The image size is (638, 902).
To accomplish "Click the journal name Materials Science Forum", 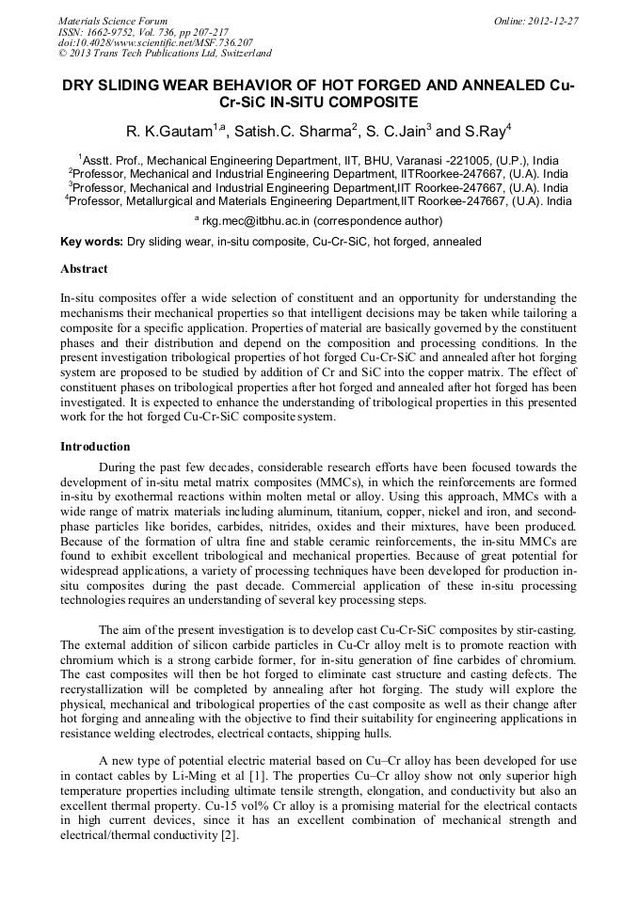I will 113,20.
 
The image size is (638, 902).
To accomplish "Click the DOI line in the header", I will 155,43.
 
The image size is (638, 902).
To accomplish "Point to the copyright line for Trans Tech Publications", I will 165,55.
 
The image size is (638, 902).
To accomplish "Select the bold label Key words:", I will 91,242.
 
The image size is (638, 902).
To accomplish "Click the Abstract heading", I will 84,268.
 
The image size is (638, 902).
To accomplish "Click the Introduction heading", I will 95,446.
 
